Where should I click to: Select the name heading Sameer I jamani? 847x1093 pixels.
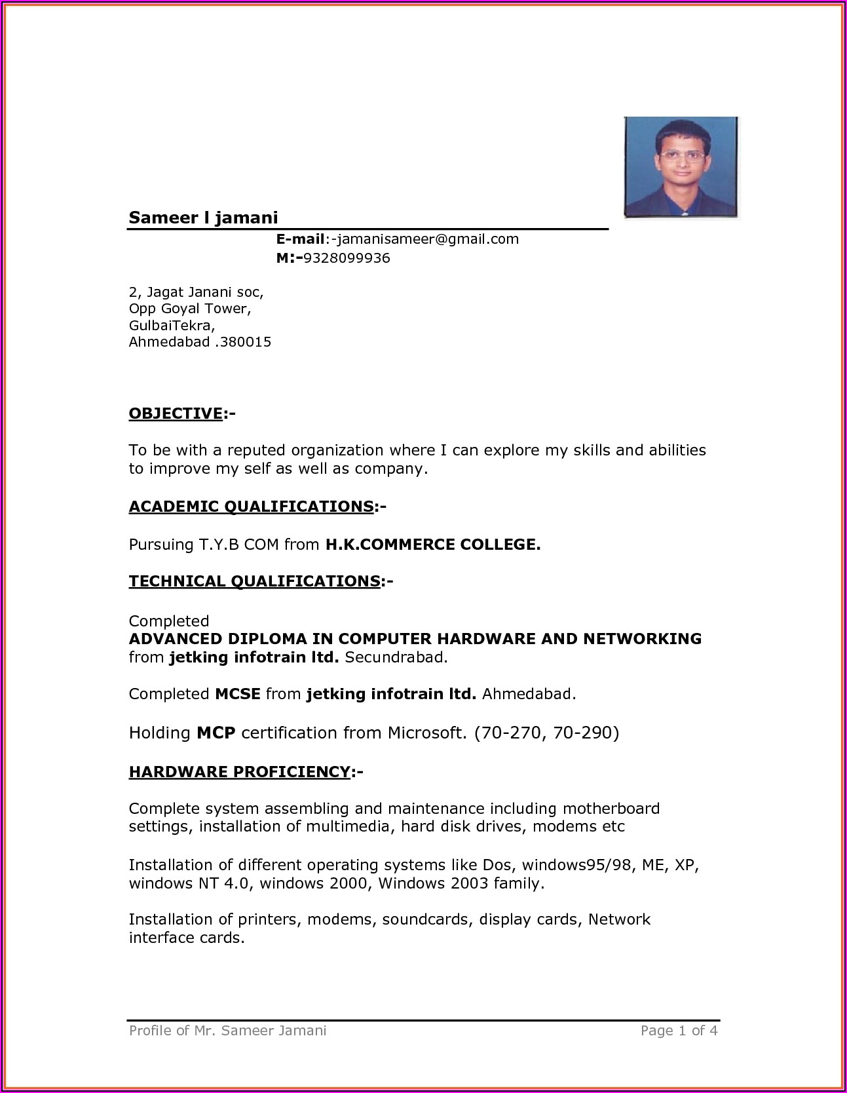pos(203,218)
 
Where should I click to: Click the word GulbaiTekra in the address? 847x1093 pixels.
pos(170,325)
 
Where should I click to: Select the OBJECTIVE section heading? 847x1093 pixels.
pos(176,413)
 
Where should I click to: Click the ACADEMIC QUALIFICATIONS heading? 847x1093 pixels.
pos(251,507)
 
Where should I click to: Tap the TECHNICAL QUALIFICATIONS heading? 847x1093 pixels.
pos(254,581)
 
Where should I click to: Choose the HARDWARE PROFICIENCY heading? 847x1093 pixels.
pos(239,772)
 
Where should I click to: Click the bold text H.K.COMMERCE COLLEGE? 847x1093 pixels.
pos(433,545)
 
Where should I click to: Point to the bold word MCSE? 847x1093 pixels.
pos(238,694)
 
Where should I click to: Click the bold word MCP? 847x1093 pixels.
pos(216,733)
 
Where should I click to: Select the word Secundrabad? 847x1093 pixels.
pos(396,657)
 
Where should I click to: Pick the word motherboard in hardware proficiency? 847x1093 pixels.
pos(611,809)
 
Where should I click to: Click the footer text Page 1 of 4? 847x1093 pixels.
pos(679,1031)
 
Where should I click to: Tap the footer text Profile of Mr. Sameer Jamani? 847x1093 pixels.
pos(227,1031)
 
